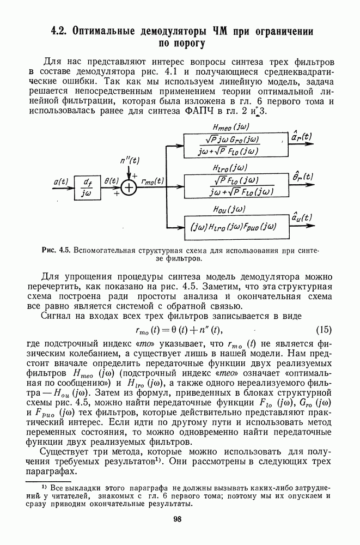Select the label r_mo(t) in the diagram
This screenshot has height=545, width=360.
coord(153,180)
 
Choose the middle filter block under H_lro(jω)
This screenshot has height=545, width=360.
coord(229,186)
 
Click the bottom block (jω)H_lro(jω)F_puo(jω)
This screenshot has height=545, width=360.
coord(231,226)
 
